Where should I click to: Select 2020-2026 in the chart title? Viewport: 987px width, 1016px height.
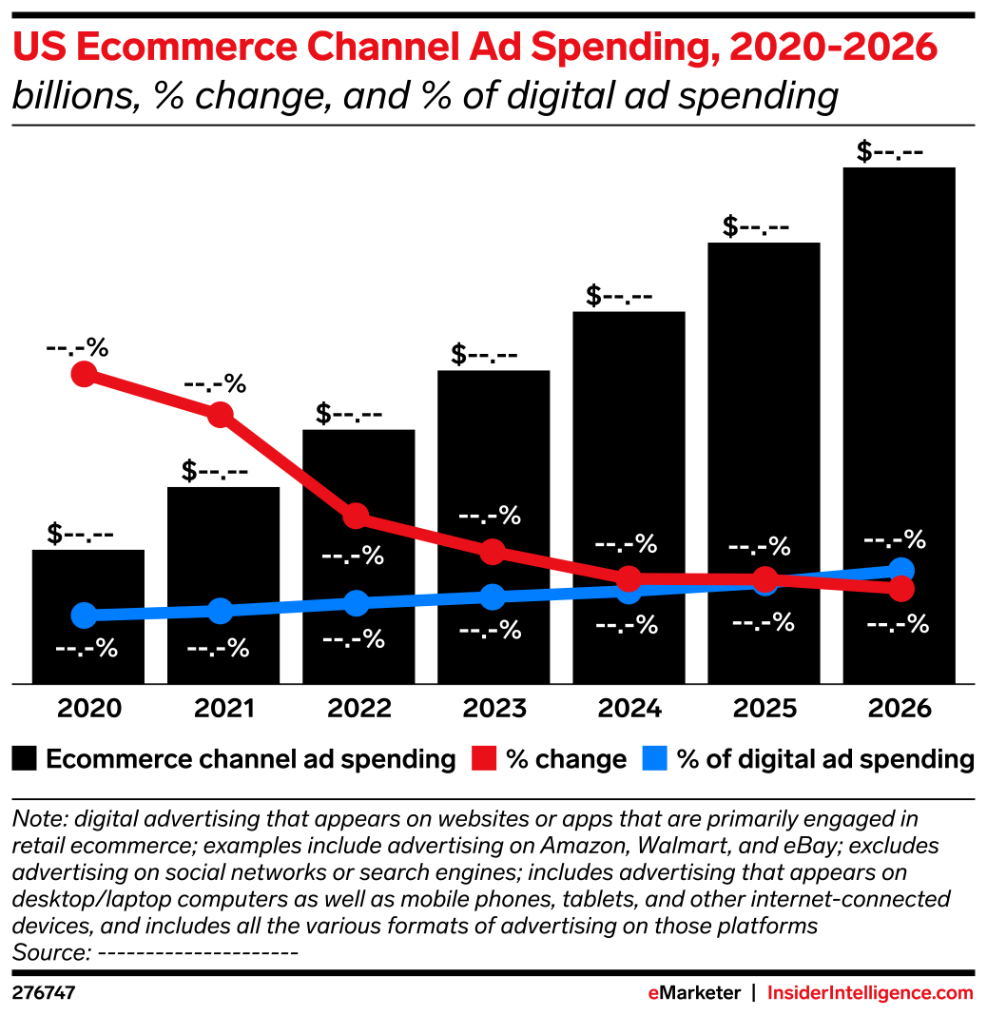click(832, 48)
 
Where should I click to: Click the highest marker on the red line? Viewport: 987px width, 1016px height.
click(84, 374)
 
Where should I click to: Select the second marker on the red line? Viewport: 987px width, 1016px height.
click(220, 414)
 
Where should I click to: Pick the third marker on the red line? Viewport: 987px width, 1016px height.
click(356, 516)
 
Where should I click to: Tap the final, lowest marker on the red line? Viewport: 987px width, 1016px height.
click(901, 589)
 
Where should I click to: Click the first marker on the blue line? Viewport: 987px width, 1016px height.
click(84, 615)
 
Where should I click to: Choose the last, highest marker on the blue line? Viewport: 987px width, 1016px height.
click(901, 570)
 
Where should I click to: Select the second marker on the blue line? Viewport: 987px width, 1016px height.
click(220, 610)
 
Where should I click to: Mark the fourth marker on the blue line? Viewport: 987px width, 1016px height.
click(492, 596)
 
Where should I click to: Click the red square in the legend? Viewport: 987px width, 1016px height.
click(484, 758)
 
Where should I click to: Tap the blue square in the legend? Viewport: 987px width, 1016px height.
click(654, 758)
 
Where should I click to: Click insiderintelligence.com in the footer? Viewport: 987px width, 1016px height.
click(870, 993)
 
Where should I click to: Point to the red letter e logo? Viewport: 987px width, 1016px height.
click(653, 993)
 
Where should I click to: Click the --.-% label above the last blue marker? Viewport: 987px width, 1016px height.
click(894, 539)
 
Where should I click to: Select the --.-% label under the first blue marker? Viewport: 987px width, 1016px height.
click(87, 649)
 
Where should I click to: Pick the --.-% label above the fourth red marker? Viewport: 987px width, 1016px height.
click(490, 516)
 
